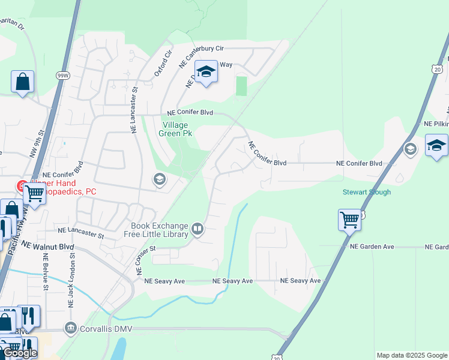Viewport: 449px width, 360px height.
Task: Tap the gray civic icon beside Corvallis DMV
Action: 71,328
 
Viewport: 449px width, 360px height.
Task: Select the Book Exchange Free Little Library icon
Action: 197,229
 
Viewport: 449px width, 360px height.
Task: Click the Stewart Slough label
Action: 367,192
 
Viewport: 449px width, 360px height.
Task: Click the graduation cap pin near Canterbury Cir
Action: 206,73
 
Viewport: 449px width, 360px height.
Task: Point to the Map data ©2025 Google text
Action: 411,355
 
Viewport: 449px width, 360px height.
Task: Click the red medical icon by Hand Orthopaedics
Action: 22,186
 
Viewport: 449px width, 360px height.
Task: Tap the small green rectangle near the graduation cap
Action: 241,86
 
